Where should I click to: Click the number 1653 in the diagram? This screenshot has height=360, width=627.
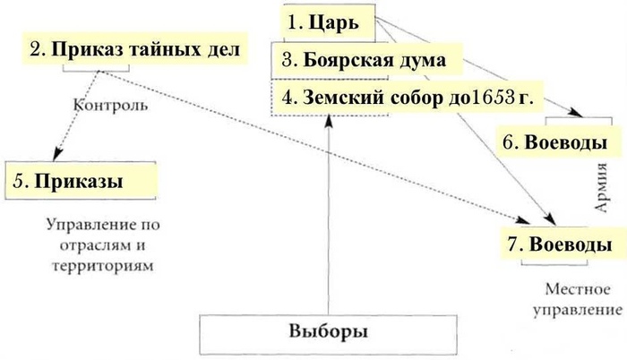[490, 98]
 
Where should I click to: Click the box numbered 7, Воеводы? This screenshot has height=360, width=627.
[559, 244]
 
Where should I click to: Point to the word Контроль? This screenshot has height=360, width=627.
[109, 105]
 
